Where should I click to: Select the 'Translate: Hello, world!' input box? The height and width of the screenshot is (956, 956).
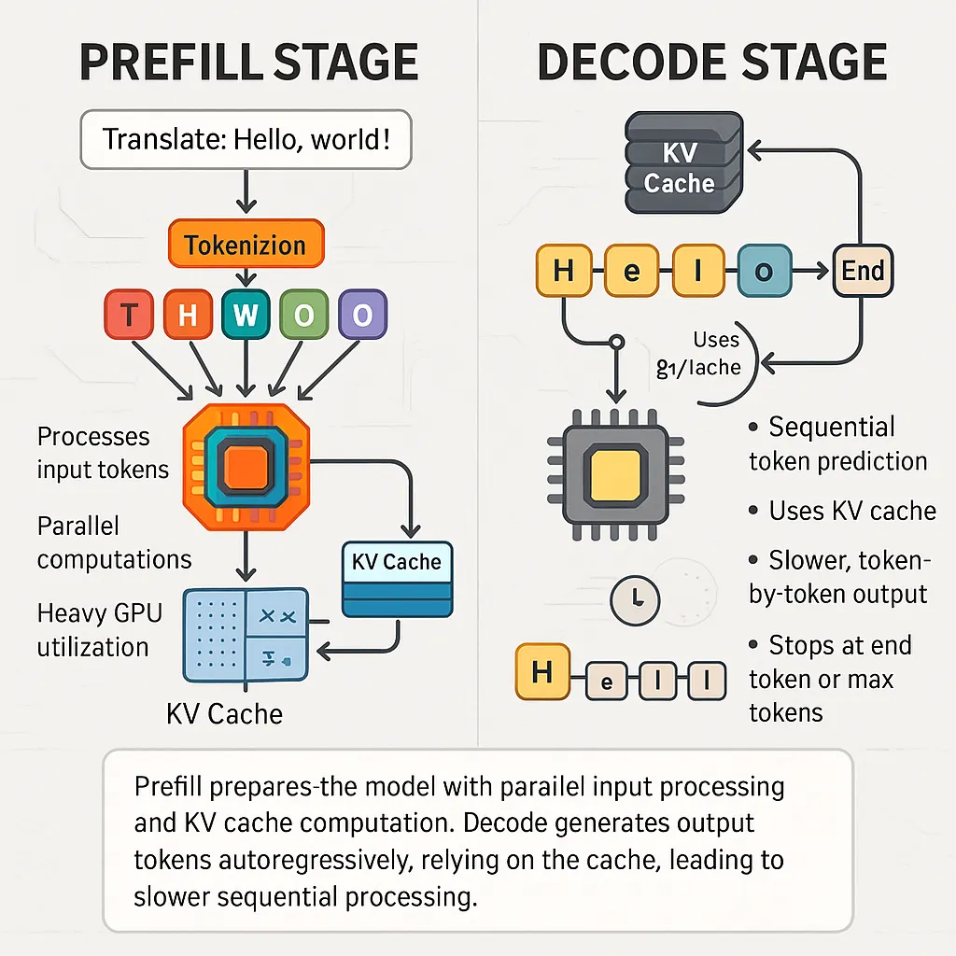246,140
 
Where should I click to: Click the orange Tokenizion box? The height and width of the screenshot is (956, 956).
246,245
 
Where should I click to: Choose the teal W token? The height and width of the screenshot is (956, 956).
245,316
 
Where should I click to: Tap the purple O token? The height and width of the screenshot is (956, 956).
361,316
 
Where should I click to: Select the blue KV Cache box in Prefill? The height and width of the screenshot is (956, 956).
398,579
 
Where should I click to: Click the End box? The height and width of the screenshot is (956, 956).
862,272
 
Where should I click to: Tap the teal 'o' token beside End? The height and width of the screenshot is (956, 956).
763,272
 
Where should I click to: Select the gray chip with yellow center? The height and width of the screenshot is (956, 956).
615,474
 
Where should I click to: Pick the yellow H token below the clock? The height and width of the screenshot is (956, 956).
541,672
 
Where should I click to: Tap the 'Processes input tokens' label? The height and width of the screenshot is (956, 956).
103,452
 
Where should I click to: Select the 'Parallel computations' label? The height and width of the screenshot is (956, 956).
114,541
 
